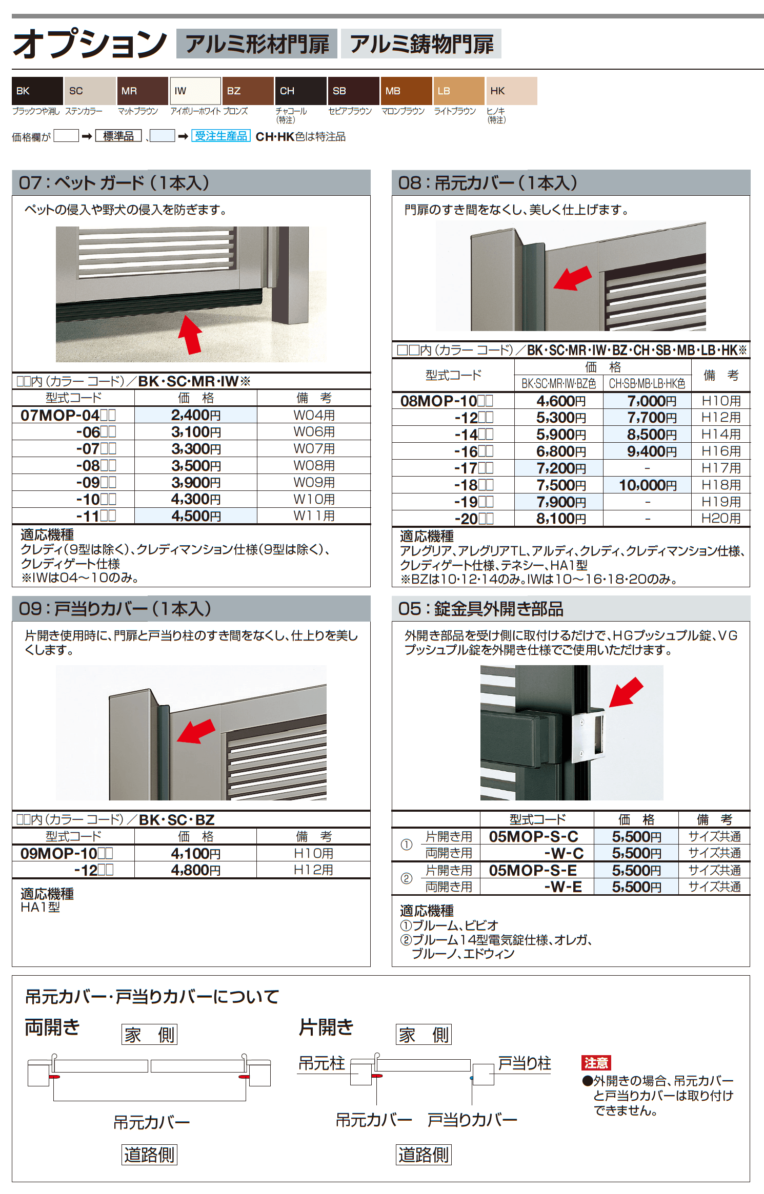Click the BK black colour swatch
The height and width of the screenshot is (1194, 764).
(37, 91)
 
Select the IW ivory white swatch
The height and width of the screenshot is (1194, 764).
(195, 91)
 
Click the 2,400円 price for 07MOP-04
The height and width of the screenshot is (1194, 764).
(196, 415)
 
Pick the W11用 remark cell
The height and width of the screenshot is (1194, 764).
(314, 516)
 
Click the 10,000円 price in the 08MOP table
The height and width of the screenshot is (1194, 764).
(648, 485)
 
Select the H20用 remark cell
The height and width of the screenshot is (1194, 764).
(721, 519)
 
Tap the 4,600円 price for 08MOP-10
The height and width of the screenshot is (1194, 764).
(561, 401)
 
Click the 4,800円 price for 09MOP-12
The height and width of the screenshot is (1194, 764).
(196, 870)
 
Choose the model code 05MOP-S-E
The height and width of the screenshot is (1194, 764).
(533, 870)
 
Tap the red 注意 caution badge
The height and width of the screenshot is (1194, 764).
(596, 1063)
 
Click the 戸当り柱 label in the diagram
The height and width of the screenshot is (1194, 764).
(525, 1063)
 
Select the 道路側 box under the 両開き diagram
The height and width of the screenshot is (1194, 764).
(149, 1155)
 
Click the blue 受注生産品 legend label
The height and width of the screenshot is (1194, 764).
(221, 136)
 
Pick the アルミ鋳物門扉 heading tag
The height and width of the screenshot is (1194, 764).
(421, 44)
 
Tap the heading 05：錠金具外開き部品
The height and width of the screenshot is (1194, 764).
(480, 609)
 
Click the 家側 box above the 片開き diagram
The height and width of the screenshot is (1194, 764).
(424, 1035)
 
